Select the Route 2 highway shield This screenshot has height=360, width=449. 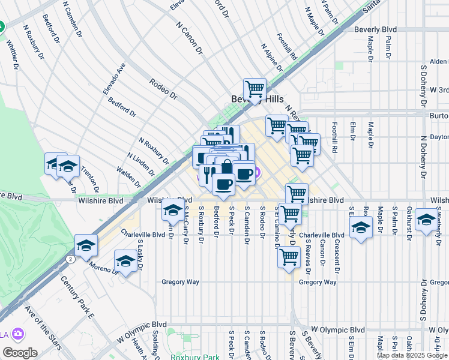[71, 259]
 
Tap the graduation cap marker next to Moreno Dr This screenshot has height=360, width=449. [125, 262]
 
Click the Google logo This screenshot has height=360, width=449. [19, 352]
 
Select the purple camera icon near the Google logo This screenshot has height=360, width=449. [19, 334]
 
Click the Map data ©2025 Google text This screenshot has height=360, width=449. [412, 355]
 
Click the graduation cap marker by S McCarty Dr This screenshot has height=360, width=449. [173, 211]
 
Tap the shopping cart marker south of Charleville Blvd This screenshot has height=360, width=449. [289, 257]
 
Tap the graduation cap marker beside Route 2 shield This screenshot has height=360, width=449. [86, 245]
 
